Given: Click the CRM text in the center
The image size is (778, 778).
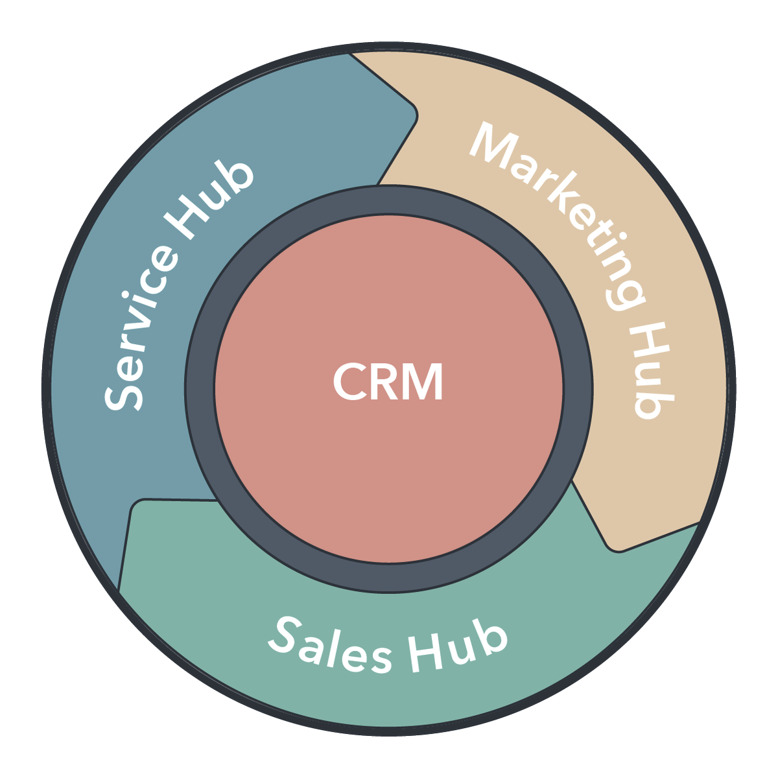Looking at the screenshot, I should tap(388, 382).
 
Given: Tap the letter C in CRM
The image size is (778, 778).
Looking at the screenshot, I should tap(349, 382).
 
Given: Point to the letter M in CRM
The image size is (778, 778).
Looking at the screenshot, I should tap(421, 382).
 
